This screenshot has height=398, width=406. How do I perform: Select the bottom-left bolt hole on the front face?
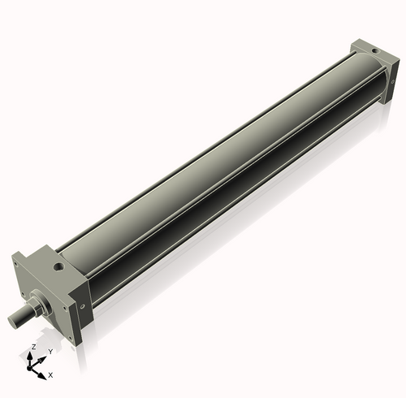25,301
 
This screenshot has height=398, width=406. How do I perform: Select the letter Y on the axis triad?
50,351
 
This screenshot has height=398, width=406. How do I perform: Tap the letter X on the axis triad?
50,375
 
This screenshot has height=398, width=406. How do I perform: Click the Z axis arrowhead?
32,354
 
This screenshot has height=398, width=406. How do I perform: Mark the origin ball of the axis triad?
33,368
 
